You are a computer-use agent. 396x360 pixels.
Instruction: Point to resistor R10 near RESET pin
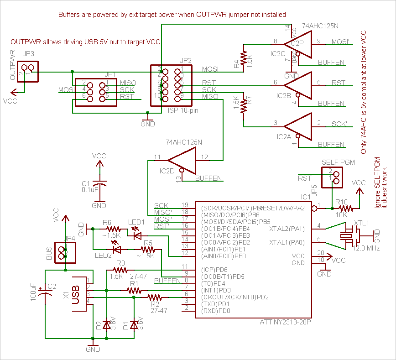pyautogui.click(x=345, y=209)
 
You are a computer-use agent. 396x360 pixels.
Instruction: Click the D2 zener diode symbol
pyautogui.click(x=107, y=325)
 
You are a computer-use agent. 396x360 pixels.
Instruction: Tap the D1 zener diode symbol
pyautogui.click(x=134, y=325)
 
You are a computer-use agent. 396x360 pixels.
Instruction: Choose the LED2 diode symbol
pyautogui.click(x=117, y=249)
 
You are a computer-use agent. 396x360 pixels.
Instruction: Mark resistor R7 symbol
pyautogui.click(x=244, y=105)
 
